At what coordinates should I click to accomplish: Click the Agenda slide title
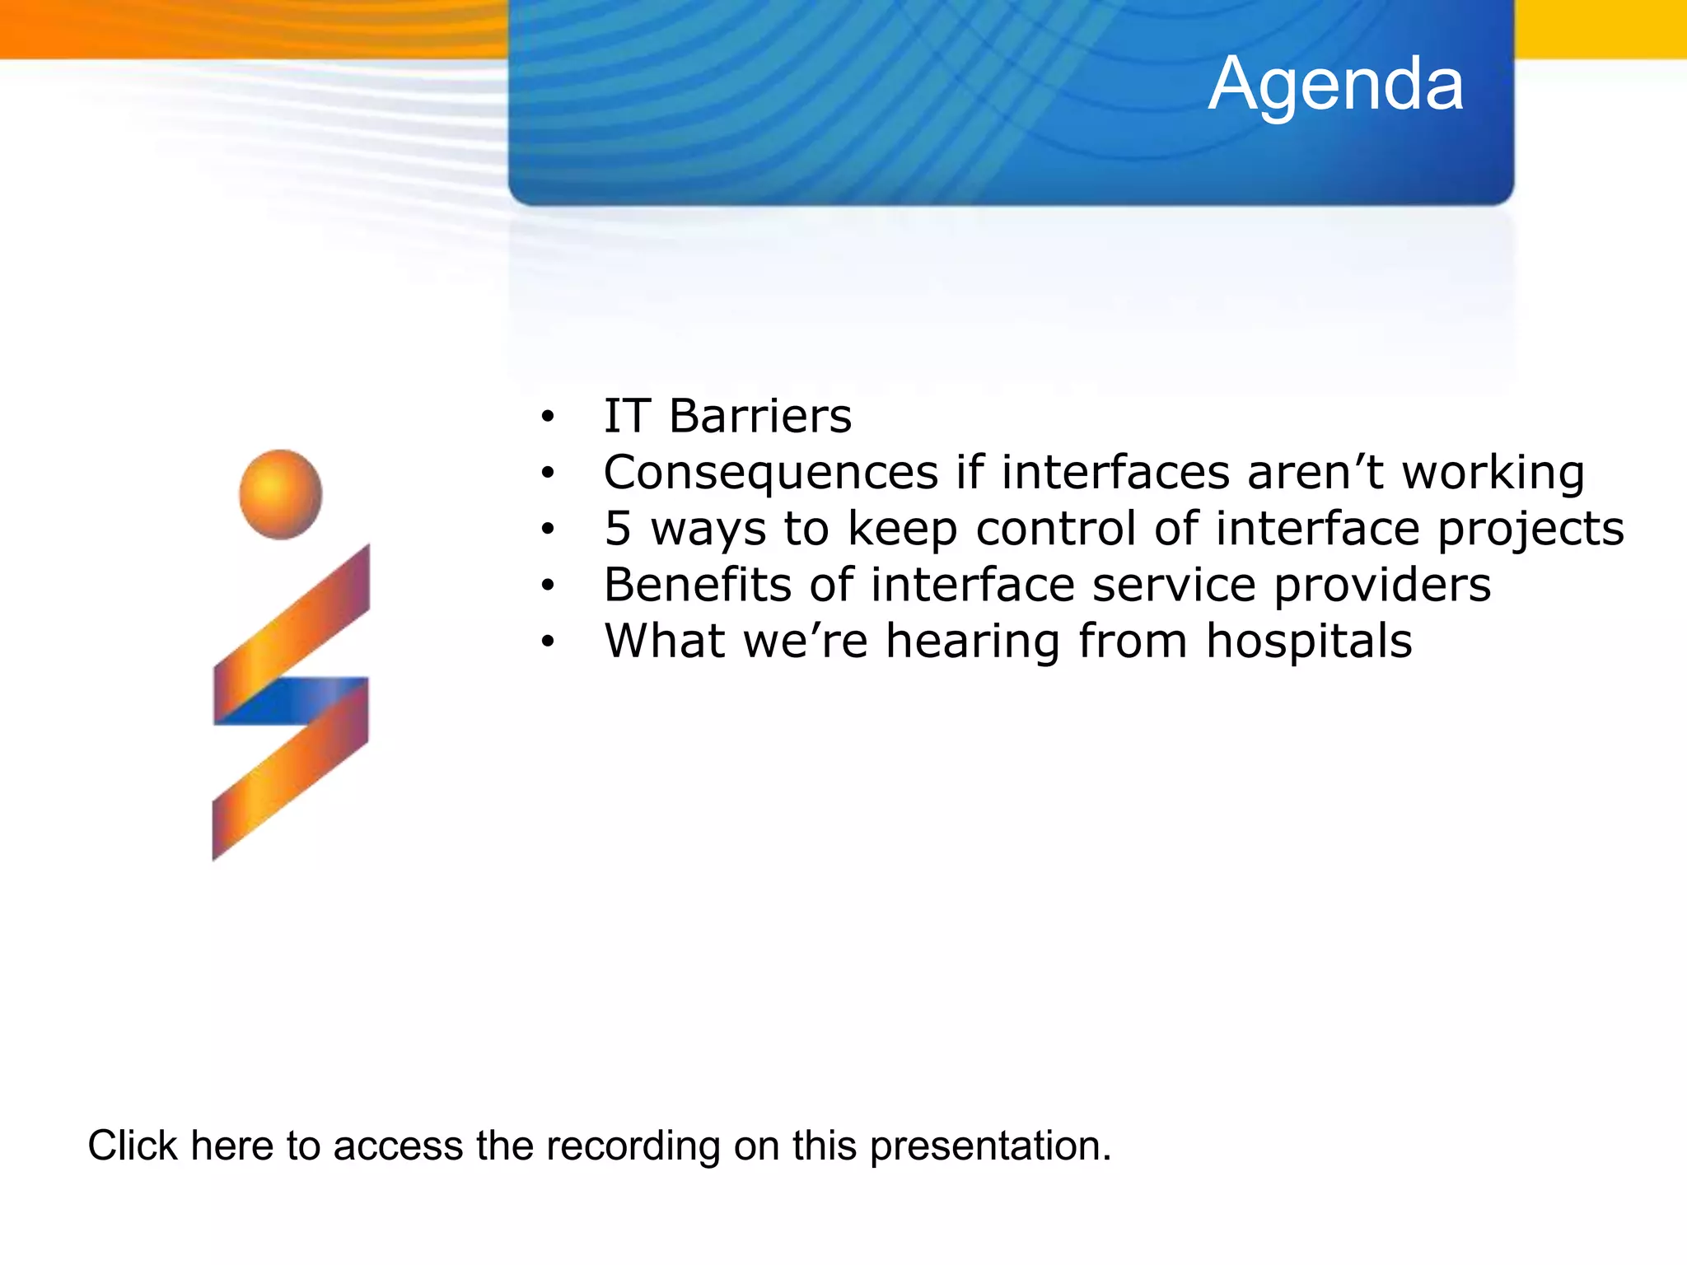pyautogui.click(x=1336, y=86)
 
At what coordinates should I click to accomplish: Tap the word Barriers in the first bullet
pyautogui.click(x=760, y=416)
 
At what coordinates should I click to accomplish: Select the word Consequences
pyautogui.click(x=771, y=473)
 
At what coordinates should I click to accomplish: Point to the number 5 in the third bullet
pyautogui.click(x=618, y=528)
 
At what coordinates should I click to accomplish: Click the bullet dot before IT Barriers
pyautogui.click(x=548, y=418)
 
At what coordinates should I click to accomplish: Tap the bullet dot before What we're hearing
pyautogui.click(x=548, y=642)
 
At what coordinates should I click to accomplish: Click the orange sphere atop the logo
pyautogui.click(x=281, y=494)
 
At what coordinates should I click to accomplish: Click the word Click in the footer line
pyautogui.click(x=133, y=1146)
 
